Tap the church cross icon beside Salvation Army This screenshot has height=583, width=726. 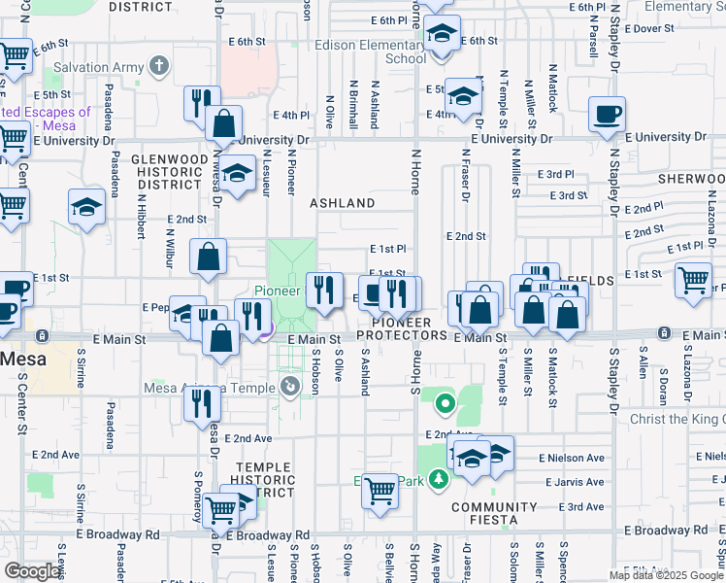pos(159,67)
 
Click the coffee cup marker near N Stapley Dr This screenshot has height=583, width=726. pos(608,115)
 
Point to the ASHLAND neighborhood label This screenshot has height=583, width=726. pos(342,203)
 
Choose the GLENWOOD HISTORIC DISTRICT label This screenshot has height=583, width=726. pos(169,171)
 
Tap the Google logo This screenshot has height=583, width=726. pos(32,571)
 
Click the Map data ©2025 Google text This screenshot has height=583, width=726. pos(666,575)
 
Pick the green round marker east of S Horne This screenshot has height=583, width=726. pos(445,400)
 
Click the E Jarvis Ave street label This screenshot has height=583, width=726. pos(575,482)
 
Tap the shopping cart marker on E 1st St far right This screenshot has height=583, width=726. pos(693,280)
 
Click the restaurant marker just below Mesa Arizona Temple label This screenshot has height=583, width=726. pos(201,402)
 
